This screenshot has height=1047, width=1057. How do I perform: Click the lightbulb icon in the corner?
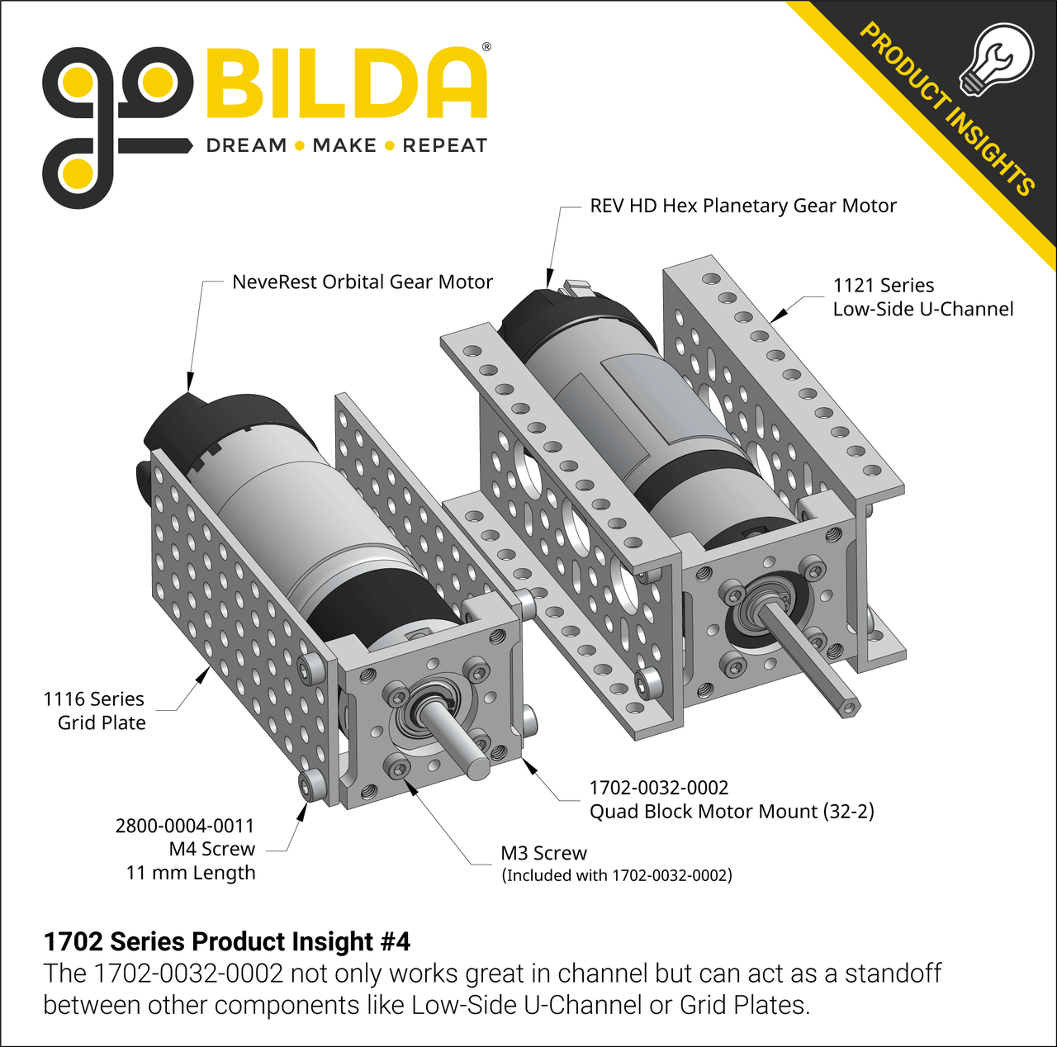[x=998, y=59]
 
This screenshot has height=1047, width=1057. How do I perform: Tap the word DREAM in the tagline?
[x=246, y=146]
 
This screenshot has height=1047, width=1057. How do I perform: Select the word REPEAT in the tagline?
[x=444, y=146]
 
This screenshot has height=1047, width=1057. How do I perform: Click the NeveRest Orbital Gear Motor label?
[x=362, y=282]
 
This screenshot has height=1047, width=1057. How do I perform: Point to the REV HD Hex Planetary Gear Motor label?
[x=742, y=206]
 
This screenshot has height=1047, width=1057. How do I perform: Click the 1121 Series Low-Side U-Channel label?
[x=922, y=297]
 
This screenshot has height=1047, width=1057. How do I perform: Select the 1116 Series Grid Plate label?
[x=94, y=711]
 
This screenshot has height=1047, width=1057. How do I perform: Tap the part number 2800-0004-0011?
[x=185, y=826]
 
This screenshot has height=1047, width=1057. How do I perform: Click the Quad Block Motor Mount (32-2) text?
[x=732, y=812]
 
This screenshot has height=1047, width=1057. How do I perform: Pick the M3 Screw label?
[x=543, y=854]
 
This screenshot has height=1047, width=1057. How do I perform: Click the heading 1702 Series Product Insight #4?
[x=226, y=942]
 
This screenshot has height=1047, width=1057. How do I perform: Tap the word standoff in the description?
[x=893, y=974]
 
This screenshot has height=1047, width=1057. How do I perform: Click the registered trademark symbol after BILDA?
[x=486, y=47]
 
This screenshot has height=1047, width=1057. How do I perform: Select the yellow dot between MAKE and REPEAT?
[x=390, y=146]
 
